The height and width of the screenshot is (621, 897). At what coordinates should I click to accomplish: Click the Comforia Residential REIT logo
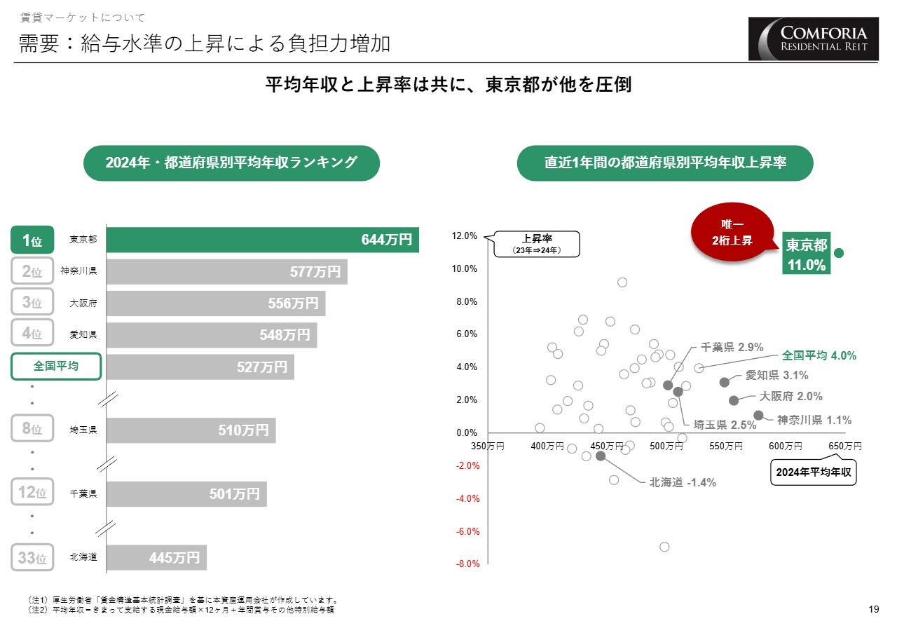pos(813,39)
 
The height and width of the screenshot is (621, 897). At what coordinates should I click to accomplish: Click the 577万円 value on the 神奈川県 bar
pos(315,272)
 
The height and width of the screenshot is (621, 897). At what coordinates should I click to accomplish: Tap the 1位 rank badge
pos(32,240)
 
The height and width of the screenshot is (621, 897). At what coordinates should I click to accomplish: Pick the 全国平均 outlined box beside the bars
pos(56,366)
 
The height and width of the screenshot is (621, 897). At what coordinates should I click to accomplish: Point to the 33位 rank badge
pos(32,558)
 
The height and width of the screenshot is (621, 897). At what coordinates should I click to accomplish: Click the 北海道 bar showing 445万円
pos(156,558)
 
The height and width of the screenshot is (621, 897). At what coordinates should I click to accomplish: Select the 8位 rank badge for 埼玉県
pos(32,429)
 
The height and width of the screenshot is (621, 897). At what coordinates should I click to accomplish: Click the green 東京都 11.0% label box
pos(806,254)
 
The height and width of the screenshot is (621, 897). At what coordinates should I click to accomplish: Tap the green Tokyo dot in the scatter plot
pos(838,252)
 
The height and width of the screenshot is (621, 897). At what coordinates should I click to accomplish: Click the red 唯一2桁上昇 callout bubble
pos(732,232)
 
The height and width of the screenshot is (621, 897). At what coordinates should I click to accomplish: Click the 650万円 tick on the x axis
pos(844,446)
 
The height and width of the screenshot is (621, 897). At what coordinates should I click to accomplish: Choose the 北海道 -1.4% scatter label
pos(683,482)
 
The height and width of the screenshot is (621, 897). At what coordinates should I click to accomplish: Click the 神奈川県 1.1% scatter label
pos(814,420)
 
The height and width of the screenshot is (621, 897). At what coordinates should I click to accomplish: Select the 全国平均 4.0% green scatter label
pos(819,355)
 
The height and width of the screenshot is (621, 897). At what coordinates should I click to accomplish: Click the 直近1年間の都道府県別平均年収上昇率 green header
pos(665,163)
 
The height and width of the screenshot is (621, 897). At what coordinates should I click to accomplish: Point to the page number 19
pos(873,608)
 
